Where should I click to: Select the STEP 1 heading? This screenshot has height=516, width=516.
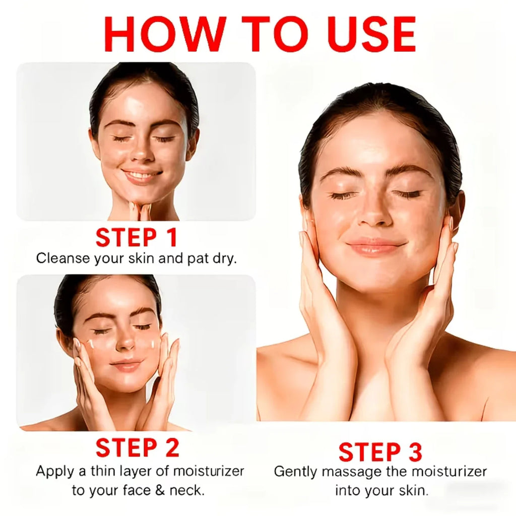coord(137,237)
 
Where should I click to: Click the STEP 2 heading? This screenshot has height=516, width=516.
coord(138,447)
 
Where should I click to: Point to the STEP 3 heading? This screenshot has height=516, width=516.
coord(380,452)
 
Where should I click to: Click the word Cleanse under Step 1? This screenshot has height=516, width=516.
coord(63,258)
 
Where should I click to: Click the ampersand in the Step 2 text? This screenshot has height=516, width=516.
coord(160,490)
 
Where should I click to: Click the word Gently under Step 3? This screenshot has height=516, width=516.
coord(295,472)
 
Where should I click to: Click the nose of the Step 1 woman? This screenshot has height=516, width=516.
coord(142,154)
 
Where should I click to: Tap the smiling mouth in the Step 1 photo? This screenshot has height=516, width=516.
coord(142,175)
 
